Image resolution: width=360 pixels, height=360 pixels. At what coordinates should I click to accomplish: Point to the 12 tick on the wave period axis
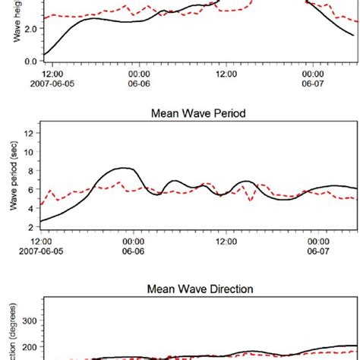point(30,134)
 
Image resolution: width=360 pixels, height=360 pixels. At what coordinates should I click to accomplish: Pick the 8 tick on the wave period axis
point(32,171)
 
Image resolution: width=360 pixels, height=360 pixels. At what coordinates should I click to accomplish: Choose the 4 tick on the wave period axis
point(32,209)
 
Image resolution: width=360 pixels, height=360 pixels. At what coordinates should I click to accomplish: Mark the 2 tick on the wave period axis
point(32,227)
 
